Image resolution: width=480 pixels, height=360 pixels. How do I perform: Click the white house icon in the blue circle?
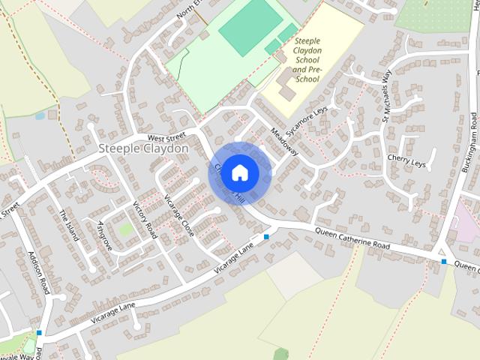[x=239, y=172]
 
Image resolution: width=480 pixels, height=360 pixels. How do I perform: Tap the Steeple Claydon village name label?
[x=143, y=149]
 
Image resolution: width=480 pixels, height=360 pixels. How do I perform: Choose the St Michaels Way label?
[x=387, y=96]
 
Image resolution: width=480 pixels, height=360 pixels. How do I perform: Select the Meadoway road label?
[x=285, y=140]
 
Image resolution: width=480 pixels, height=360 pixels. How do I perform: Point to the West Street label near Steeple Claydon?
[x=166, y=138]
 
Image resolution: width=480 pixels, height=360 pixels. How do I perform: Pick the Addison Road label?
[x=38, y=271]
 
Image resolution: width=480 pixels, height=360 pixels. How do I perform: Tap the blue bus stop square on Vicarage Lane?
[x=266, y=237]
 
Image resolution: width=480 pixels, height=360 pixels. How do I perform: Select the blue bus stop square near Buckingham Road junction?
[x=444, y=262]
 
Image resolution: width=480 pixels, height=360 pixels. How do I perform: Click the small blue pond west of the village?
[x=40, y=116]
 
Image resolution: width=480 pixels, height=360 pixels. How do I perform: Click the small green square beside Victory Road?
[x=126, y=229]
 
